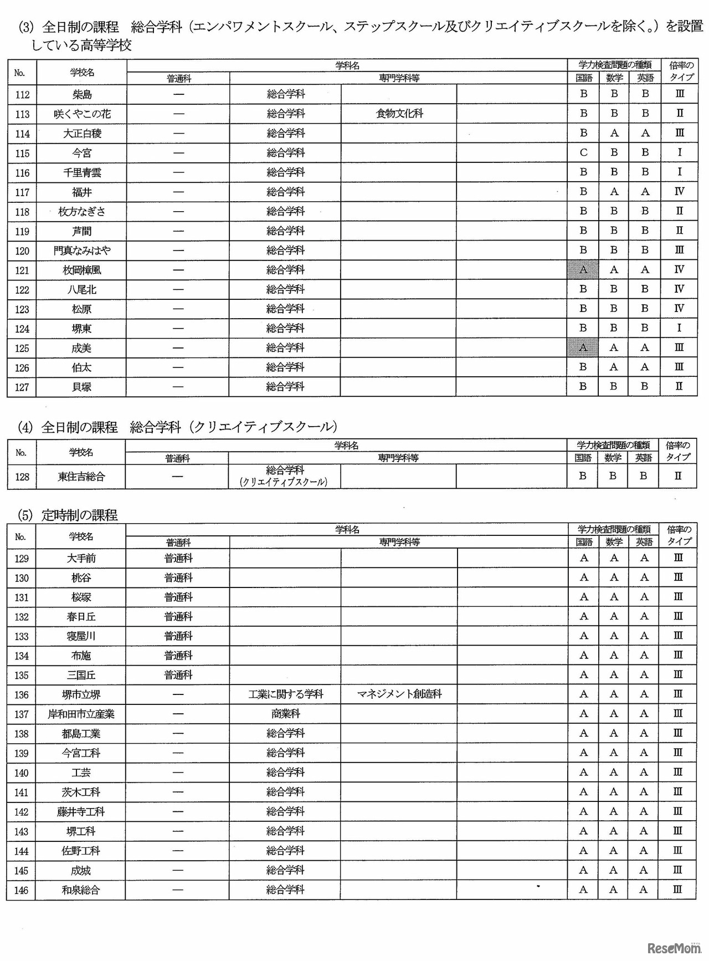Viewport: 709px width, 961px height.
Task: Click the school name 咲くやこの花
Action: [x=82, y=114]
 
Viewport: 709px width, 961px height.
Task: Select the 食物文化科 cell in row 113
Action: [x=399, y=114]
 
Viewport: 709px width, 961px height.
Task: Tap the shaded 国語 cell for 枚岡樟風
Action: [x=583, y=270]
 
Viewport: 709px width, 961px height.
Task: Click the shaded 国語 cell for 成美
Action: [x=583, y=347]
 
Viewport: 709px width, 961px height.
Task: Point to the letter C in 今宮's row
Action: [x=583, y=153]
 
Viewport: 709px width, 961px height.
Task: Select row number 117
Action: [x=22, y=192]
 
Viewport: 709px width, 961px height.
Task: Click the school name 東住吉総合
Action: [x=81, y=477]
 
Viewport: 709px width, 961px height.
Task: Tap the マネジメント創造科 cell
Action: [x=399, y=694]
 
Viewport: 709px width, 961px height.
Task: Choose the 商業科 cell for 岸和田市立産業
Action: [x=285, y=714]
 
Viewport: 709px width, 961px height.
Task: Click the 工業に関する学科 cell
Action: [x=285, y=694]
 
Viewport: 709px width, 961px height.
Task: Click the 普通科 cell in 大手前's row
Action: [x=178, y=559]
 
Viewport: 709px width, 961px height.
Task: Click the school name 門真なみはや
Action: [x=82, y=251]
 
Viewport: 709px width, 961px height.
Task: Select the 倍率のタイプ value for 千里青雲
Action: [x=680, y=172]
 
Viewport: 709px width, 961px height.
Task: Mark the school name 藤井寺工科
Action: [x=81, y=812]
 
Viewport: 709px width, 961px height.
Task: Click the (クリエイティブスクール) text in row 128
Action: [x=284, y=482]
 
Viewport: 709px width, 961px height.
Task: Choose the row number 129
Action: [x=22, y=559]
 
